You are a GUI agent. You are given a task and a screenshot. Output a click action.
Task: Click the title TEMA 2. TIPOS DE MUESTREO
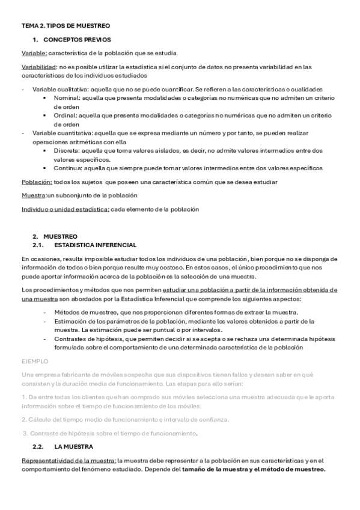coord(66,26)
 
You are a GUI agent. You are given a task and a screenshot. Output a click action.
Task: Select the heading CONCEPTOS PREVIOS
coord(78,40)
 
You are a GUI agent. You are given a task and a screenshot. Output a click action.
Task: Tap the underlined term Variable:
coord(34,53)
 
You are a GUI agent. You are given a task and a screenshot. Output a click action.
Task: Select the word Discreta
coord(66,150)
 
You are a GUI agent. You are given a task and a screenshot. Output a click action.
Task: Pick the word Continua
coord(67,168)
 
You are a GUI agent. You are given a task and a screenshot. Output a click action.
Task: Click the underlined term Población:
coord(37,182)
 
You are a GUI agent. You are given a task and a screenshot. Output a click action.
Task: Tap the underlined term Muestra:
coord(34,195)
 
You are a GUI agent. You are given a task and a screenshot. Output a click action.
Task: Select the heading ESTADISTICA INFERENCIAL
coord(96,245)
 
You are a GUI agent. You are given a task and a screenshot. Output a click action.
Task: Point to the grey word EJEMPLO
coord(34,361)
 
